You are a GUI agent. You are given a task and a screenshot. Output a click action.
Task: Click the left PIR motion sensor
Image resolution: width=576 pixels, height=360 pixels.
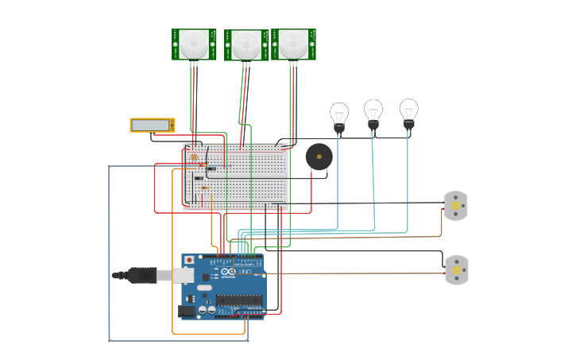pos(194,45)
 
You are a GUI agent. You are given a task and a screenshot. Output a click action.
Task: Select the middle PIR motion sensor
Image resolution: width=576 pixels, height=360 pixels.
pos(246,45)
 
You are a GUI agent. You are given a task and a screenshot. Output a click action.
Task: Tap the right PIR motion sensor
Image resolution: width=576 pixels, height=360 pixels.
pos(293,45)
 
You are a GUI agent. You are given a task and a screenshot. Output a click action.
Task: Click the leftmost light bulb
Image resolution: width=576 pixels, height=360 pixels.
pos(339,116)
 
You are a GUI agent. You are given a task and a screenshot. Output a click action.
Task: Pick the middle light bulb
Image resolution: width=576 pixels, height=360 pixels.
pos(373,113)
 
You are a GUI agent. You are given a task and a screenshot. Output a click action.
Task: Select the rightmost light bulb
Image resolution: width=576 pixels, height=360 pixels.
pos(408,112)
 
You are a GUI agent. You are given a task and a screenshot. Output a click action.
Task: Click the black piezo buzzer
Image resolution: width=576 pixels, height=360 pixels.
pos(319,157)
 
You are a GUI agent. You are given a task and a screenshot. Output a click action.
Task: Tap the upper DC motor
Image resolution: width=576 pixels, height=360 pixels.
pos(455,206)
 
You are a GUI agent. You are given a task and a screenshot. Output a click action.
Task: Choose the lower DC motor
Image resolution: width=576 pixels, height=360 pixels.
pos(456,270)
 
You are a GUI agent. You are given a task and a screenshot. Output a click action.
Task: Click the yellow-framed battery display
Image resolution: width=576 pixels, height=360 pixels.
pos(152,125)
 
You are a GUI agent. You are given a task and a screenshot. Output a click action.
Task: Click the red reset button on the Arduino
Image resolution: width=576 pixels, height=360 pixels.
pos(189,260)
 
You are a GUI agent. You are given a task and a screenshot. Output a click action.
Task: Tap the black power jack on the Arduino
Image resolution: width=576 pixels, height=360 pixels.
pos(187,312)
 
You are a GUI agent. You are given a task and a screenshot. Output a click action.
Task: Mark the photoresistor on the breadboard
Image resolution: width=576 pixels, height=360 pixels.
pos(195,158)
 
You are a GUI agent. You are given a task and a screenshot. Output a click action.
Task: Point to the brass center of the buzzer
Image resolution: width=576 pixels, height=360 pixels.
pos(319,157)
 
